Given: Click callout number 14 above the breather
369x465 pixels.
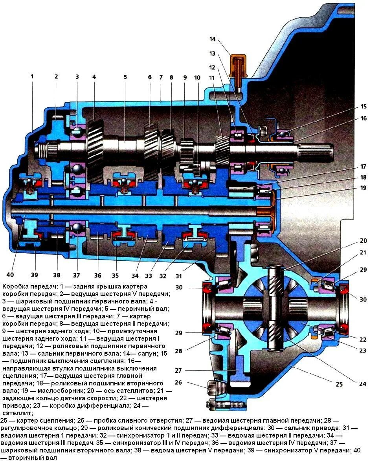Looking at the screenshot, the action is (x=213, y=39).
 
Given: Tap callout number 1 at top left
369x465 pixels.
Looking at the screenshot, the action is (x=32, y=77).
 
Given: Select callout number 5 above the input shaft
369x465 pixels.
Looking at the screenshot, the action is (x=125, y=77).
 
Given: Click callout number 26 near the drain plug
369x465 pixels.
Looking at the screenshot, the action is (x=179, y=383).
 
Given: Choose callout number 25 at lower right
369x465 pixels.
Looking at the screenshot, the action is (x=339, y=384).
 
